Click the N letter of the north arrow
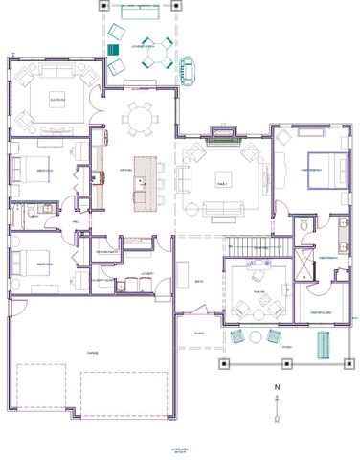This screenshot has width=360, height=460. click(276, 388)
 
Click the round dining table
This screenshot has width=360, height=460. click(141, 120)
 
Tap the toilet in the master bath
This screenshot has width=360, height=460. click(304, 223)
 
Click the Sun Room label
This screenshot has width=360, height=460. click(57, 98)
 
